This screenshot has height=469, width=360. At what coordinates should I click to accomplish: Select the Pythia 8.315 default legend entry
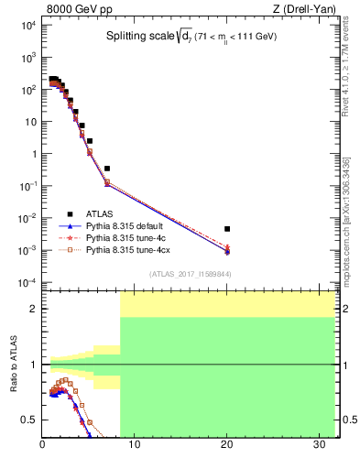(125, 226)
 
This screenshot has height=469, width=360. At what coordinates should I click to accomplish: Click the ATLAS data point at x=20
(227, 229)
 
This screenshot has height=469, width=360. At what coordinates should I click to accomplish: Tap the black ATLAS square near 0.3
(107, 169)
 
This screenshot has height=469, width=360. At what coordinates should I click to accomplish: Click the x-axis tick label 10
(135, 446)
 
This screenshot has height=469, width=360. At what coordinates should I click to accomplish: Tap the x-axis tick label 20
(227, 446)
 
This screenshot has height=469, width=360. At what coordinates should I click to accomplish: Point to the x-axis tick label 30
(319, 446)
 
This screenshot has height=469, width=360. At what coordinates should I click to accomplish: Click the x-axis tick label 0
(43, 446)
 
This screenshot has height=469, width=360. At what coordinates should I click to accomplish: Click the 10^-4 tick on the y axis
(28, 282)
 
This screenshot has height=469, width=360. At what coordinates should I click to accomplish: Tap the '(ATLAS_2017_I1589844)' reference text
(191, 274)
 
